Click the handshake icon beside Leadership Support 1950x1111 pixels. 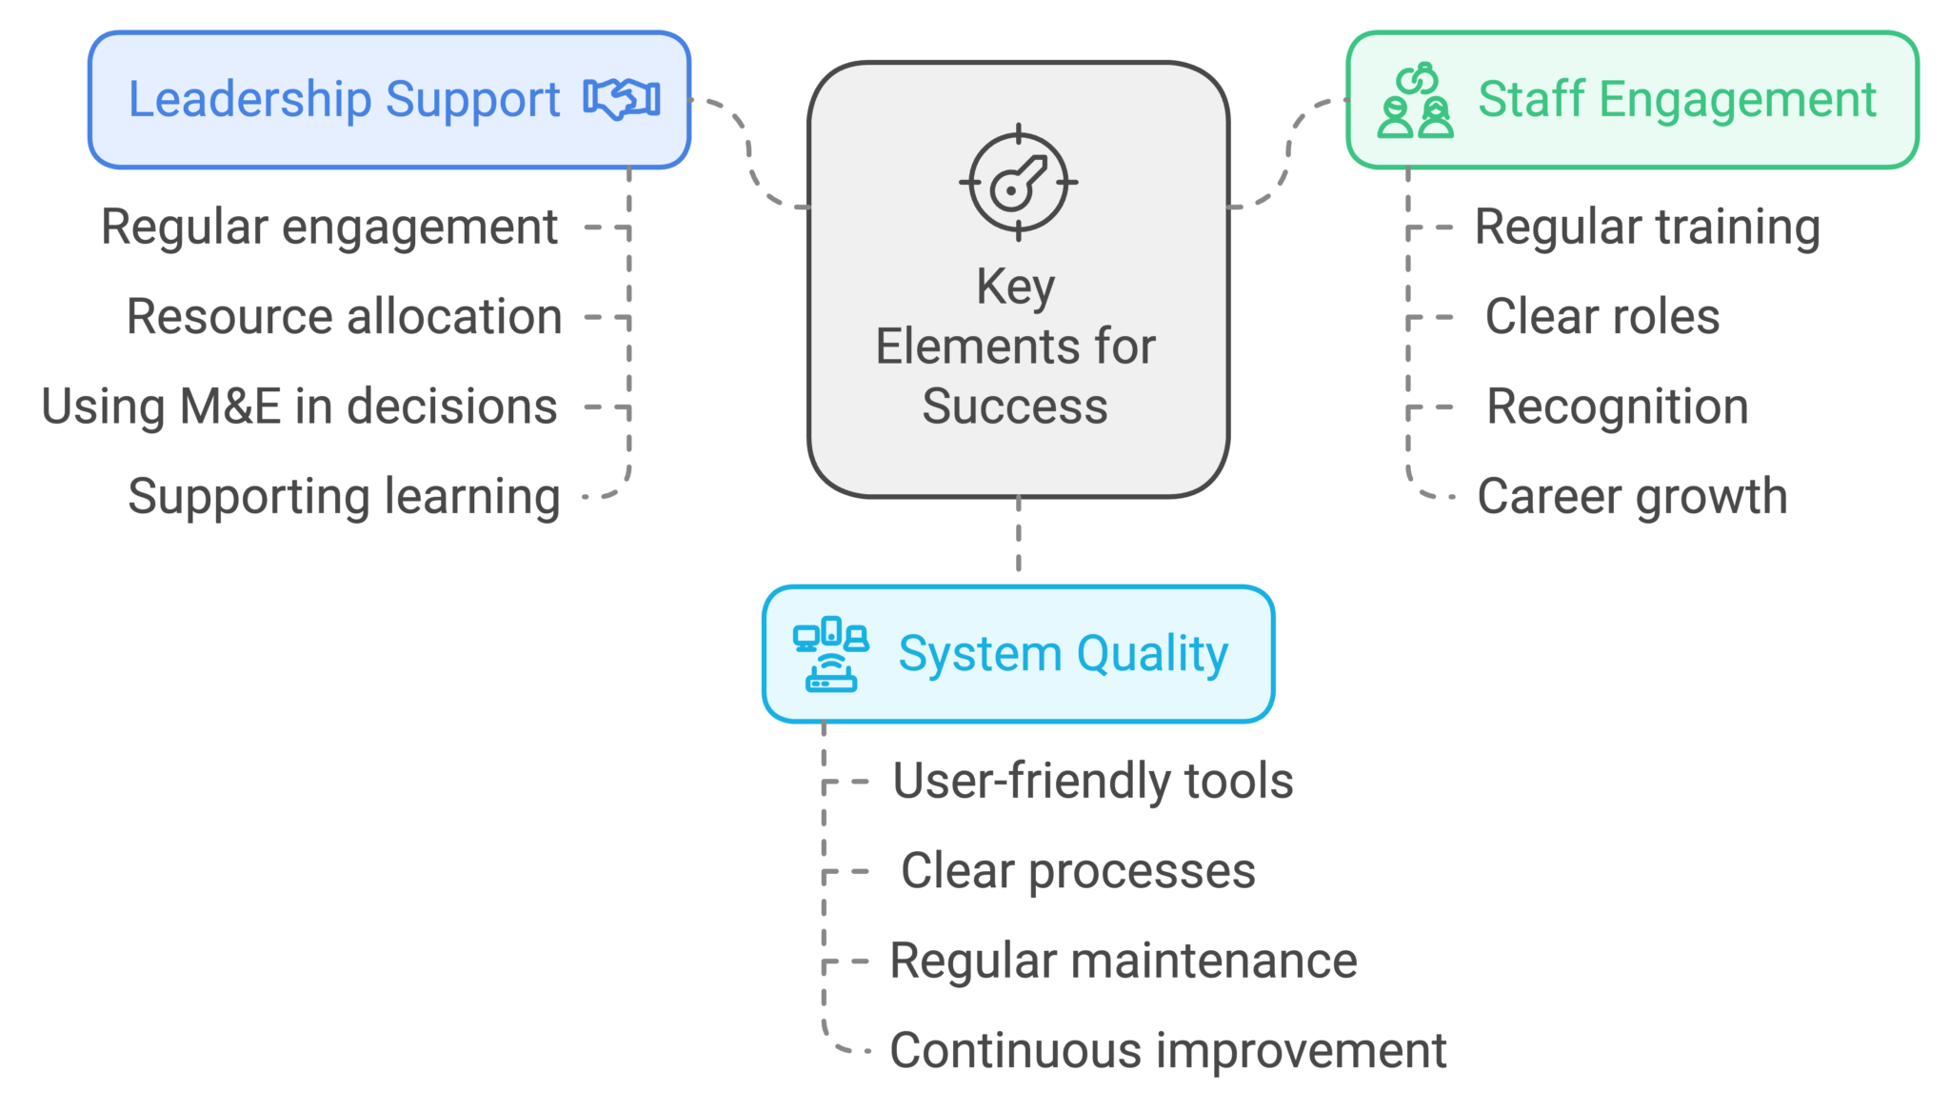(x=622, y=98)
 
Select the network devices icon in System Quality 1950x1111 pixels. (x=830, y=654)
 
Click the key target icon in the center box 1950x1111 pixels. (x=1018, y=182)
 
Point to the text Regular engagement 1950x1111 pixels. (x=328, y=228)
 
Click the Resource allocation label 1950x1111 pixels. (x=344, y=317)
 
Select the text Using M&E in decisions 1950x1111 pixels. (x=299, y=407)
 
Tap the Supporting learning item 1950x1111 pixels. (x=344, y=497)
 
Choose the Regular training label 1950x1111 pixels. (x=1647, y=228)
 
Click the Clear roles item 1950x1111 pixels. (x=1602, y=317)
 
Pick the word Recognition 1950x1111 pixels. (x=1618, y=407)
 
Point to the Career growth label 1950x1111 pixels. (x=1632, y=497)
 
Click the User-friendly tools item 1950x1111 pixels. (x=1093, y=782)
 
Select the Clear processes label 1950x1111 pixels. (x=1078, y=871)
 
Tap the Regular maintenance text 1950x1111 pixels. (x=1123, y=961)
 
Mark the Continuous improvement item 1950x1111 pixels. (x=1167, y=1051)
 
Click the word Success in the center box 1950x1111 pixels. (x=1015, y=407)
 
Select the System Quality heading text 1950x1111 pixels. (x=1063, y=654)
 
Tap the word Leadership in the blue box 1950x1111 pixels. (x=249, y=99)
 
